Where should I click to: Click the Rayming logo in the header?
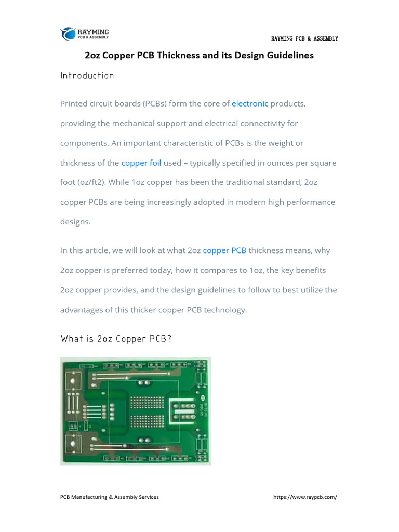(x=84, y=34)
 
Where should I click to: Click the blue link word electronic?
(x=250, y=104)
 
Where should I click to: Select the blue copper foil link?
(x=141, y=163)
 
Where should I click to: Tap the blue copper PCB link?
(x=224, y=250)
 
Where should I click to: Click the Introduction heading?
(x=87, y=76)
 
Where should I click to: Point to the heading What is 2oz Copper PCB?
(x=116, y=339)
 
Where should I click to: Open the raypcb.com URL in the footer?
(x=305, y=497)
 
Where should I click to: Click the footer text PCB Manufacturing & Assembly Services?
(x=110, y=497)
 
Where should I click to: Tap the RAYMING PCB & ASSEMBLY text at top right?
(x=304, y=39)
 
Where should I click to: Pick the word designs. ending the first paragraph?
(x=75, y=222)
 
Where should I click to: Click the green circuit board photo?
(x=136, y=410)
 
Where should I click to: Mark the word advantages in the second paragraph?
(x=82, y=310)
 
